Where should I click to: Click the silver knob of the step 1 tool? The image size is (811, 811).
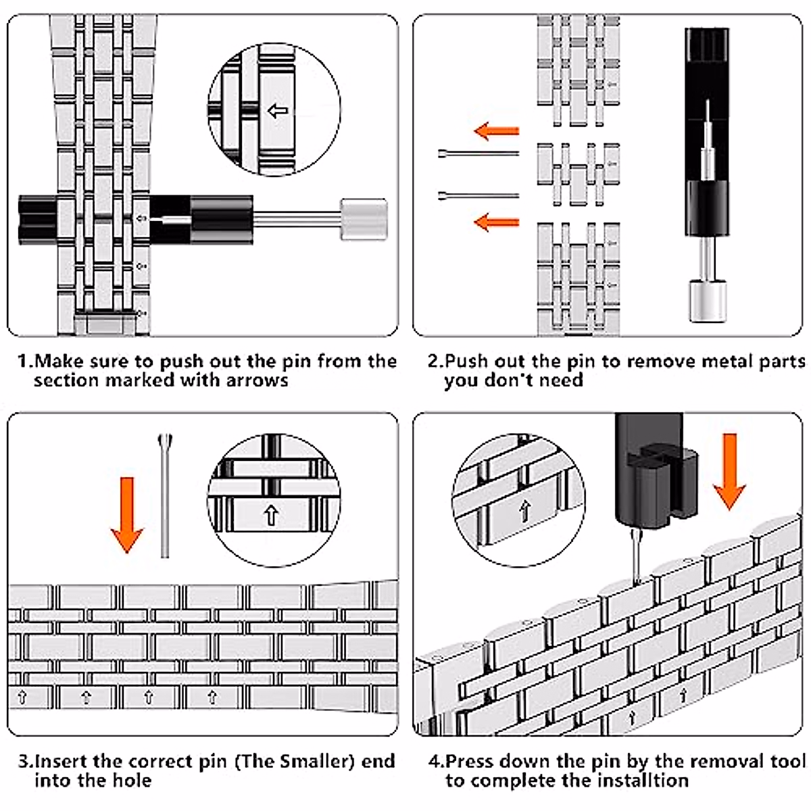(x=363, y=218)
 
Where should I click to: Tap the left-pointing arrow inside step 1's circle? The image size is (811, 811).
(x=277, y=111)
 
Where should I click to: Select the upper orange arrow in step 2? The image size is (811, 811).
(x=496, y=130)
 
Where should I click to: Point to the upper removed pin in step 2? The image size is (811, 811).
(x=477, y=154)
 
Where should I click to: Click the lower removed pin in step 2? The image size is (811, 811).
(x=477, y=195)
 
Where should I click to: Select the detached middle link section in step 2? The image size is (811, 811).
(x=578, y=173)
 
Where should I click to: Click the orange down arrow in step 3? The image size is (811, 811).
(x=127, y=514)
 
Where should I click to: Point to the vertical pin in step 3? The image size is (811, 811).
(x=165, y=497)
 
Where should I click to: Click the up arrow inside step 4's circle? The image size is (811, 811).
(x=523, y=512)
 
